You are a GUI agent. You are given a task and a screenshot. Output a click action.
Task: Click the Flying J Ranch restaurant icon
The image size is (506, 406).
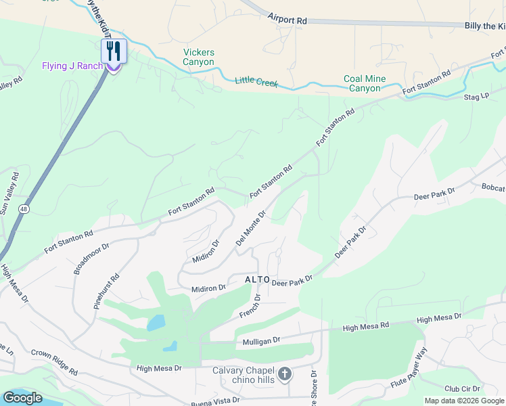click(114, 51)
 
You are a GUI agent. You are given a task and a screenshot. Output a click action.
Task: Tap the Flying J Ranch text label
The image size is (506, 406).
click(72, 66)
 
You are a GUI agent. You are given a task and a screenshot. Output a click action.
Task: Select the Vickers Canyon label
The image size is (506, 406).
click(199, 58)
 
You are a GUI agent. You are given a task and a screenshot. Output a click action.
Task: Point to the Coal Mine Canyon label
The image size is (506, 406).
click(365, 83)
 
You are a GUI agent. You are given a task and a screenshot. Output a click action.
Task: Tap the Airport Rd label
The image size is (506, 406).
click(287, 19)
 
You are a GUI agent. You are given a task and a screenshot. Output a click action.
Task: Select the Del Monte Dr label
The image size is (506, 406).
click(250, 227)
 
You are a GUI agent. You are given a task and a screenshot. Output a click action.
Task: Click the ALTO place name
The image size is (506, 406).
click(258, 279)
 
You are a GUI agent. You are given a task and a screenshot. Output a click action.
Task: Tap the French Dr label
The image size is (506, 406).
click(250, 306)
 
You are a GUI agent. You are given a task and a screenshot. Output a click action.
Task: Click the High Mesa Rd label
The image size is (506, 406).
click(365, 326)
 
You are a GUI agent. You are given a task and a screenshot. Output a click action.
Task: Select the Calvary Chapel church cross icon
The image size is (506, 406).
click(285, 374)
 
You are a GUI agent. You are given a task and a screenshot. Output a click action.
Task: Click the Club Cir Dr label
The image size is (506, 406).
click(462, 389)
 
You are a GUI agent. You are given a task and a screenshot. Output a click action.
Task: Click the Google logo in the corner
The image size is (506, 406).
click(22, 398)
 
